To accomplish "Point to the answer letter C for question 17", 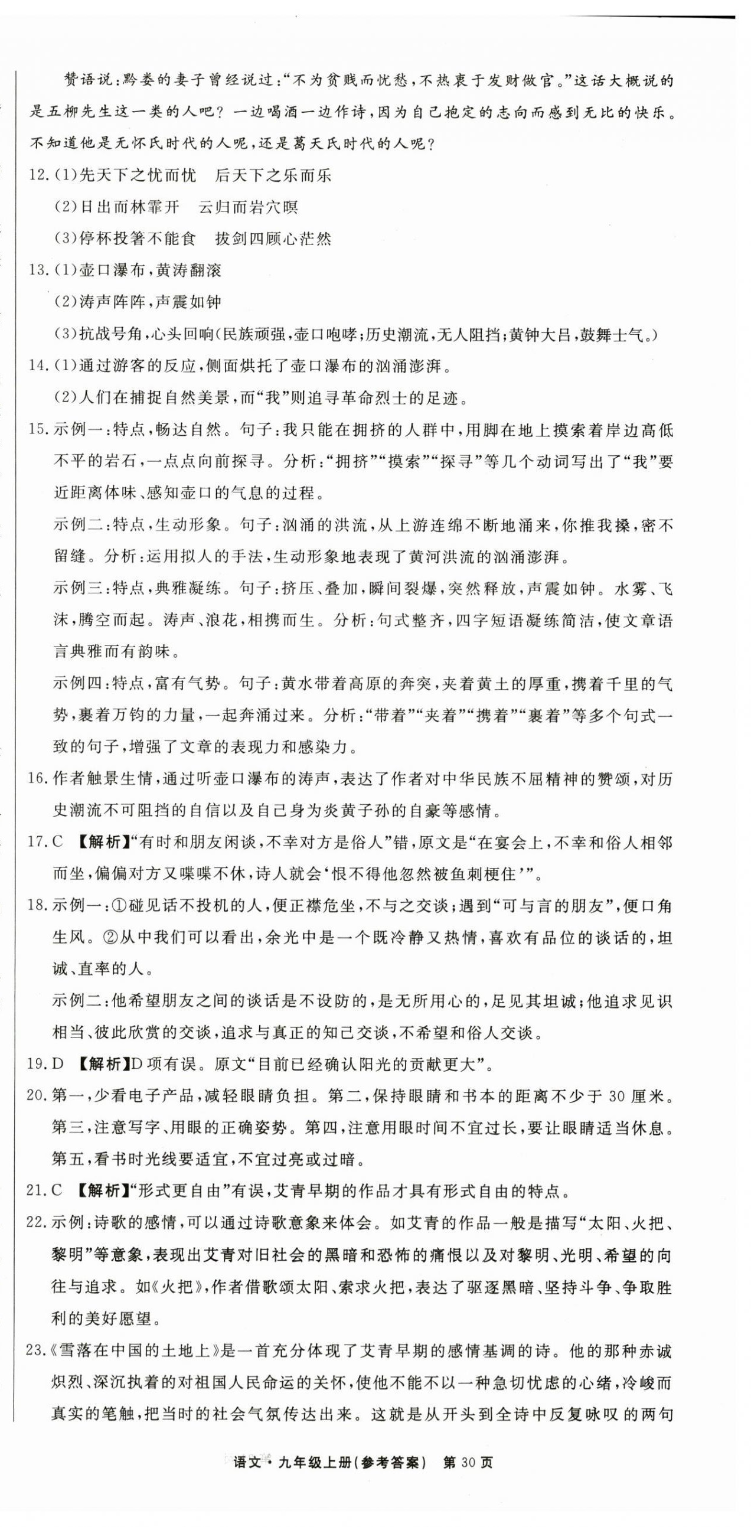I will click(57, 842).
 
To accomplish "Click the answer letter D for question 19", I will click(57, 1065).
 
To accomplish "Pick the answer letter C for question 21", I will click(57, 1192).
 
